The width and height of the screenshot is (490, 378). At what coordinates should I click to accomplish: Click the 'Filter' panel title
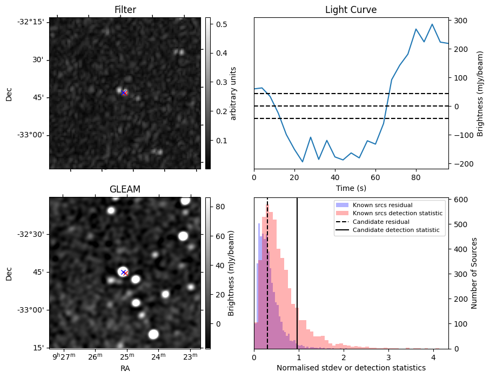(125, 10)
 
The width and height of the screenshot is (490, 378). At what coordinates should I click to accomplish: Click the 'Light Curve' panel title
(351, 10)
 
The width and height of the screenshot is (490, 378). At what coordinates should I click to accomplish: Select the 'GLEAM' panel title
(125, 189)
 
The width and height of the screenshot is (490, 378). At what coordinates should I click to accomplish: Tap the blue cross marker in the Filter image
(123, 92)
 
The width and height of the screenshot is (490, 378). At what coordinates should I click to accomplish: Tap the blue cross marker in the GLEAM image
(123, 272)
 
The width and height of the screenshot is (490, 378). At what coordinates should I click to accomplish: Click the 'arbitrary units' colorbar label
(233, 93)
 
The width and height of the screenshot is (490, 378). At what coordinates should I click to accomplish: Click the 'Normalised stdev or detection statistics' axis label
(351, 368)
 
